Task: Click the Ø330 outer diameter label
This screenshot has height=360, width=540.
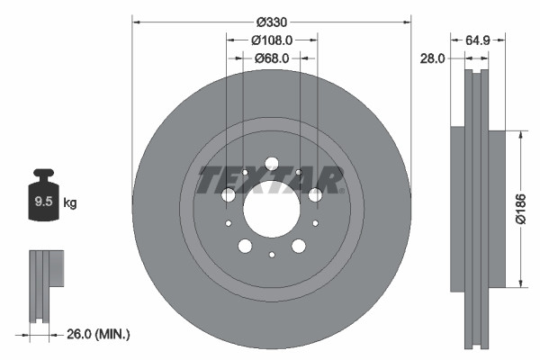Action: pos(271,21)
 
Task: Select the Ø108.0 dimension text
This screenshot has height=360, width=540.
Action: pos(271,40)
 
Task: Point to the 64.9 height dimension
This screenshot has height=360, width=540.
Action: pos(478,40)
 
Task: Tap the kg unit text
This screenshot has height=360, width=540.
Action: pos(70,203)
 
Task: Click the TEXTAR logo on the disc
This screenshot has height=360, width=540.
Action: pos(271,180)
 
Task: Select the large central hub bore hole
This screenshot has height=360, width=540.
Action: pos(271,209)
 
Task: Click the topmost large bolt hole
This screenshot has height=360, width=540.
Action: pos(271,164)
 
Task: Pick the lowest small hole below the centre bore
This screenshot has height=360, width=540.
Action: pos(271,256)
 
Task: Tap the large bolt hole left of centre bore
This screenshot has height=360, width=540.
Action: pos(228,195)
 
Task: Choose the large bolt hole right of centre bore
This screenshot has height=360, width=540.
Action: pos(315,195)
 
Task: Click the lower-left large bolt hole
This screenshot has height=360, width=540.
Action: pos(245,246)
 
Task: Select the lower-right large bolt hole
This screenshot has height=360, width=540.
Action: pos(298,246)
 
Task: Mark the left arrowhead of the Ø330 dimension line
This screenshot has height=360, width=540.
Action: pos(136,21)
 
